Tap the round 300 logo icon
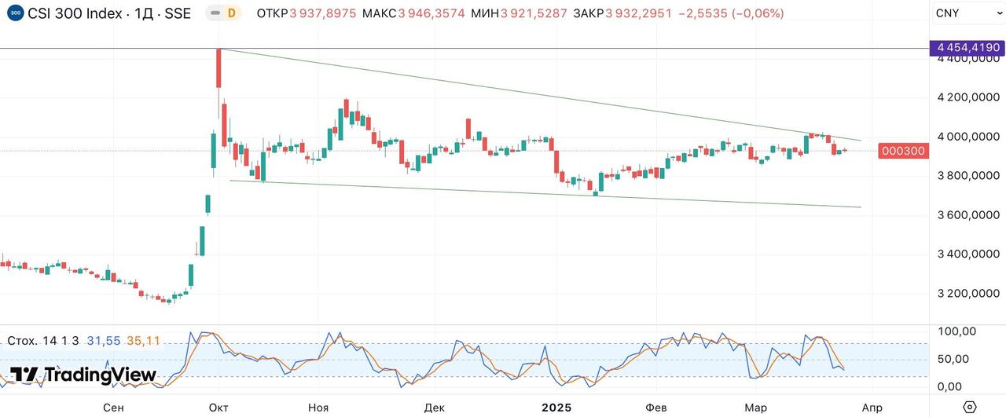[x=15, y=13]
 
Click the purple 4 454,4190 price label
[x=967, y=49]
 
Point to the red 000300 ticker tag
[x=903, y=151]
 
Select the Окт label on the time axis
[x=218, y=408]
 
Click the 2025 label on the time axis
[x=556, y=408]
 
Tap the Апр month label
[x=872, y=408]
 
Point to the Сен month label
[x=113, y=408]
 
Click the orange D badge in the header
[x=231, y=13]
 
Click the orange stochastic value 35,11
[x=143, y=341]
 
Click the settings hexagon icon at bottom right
[x=969, y=407]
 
